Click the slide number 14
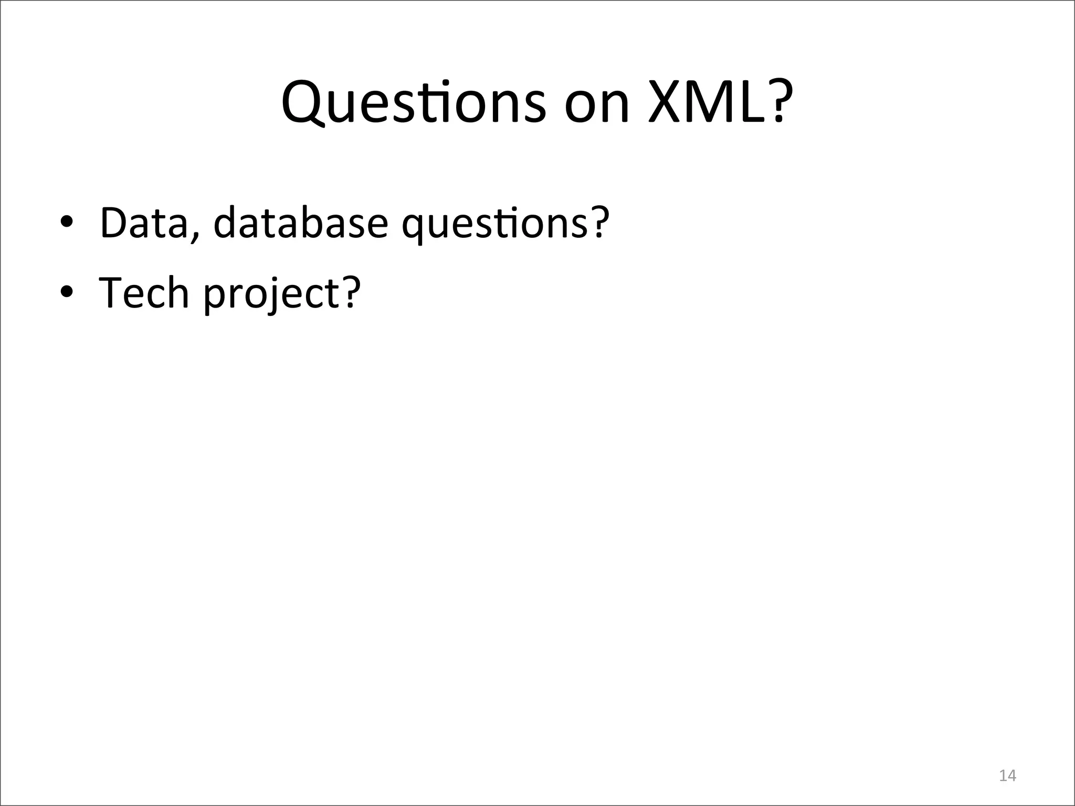(x=1007, y=776)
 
